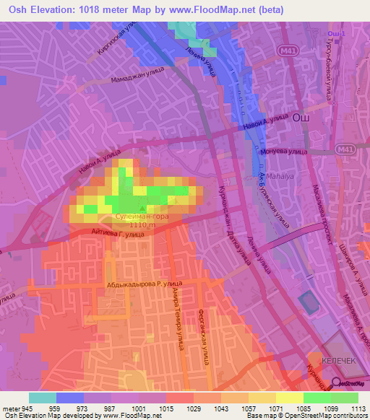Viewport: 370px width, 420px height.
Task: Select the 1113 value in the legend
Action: click(359, 409)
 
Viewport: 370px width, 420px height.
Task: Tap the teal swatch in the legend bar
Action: click(42, 398)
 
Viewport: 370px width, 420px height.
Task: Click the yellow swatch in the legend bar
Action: click(290, 398)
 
